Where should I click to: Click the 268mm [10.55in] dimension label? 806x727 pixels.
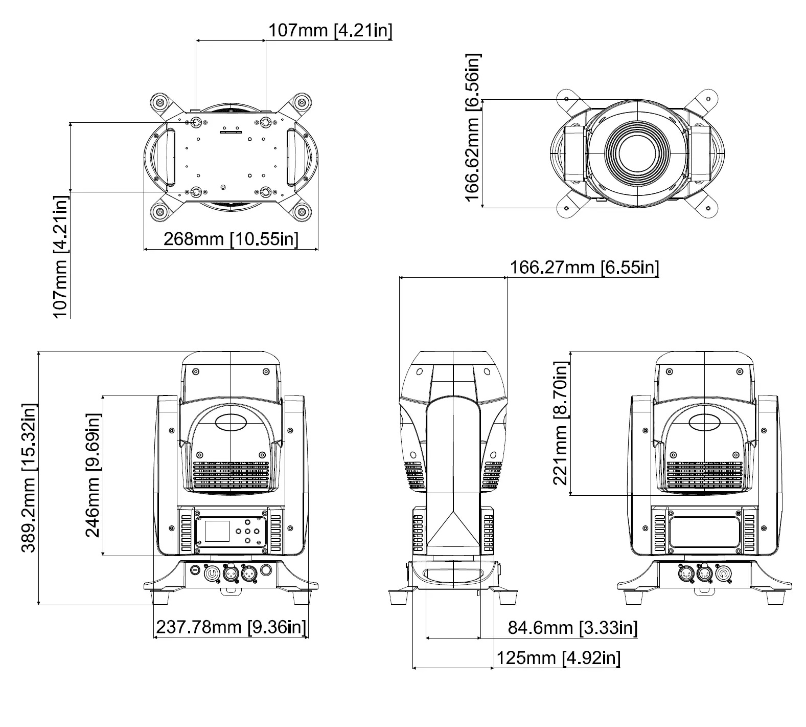click(x=231, y=239)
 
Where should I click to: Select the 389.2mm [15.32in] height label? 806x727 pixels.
click(x=29, y=478)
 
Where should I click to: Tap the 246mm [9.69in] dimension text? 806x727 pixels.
click(x=93, y=475)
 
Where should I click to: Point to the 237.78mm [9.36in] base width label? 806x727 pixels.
click(x=231, y=627)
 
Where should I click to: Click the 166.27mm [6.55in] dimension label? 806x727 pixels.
click(x=584, y=267)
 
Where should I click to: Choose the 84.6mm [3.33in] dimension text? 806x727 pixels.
click(x=572, y=627)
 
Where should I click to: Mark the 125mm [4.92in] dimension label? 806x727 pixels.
click(x=558, y=657)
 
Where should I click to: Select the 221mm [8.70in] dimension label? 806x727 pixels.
click(x=561, y=423)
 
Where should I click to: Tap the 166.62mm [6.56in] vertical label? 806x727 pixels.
click(x=473, y=128)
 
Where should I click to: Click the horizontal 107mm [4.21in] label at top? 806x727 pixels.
click(x=330, y=30)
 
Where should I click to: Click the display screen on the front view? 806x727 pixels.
click(x=217, y=530)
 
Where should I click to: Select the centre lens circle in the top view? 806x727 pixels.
click(x=637, y=153)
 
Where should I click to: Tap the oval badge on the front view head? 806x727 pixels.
click(x=231, y=422)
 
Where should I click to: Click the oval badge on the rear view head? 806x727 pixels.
click(x=704, y=422)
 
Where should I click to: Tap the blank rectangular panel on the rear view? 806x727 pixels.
click(x=704, y=532)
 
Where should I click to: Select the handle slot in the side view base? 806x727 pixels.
click(x=453, y=572)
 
